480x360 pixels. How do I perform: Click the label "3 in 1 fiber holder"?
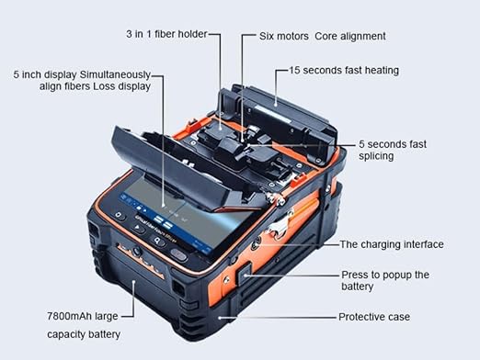coord(166,34)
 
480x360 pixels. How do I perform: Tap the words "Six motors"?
coord(284,37)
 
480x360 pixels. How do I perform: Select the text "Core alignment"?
coord(350,37)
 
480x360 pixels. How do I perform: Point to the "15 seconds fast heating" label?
coord(344,71)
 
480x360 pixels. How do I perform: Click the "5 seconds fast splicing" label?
coord(393,150)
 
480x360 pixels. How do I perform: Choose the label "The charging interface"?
coord(392,244)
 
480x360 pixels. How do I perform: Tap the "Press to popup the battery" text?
coord(385,280)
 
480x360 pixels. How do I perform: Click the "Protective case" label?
coord(374,317)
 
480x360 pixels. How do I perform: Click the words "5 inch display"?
coord(45,74)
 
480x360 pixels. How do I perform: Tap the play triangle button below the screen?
coord(138,228)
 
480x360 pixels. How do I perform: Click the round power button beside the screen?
coord(119,216)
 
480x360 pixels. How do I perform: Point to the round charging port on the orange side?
coord(255,244)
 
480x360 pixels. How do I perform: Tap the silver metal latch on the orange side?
coord(280,224)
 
